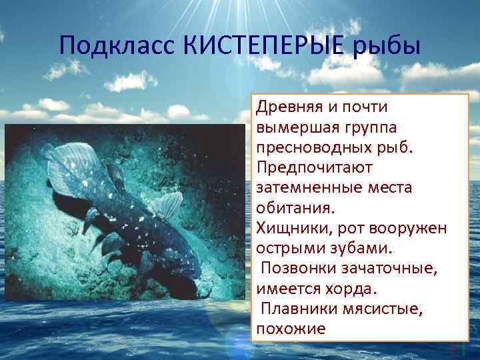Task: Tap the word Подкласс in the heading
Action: (117, 47)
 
